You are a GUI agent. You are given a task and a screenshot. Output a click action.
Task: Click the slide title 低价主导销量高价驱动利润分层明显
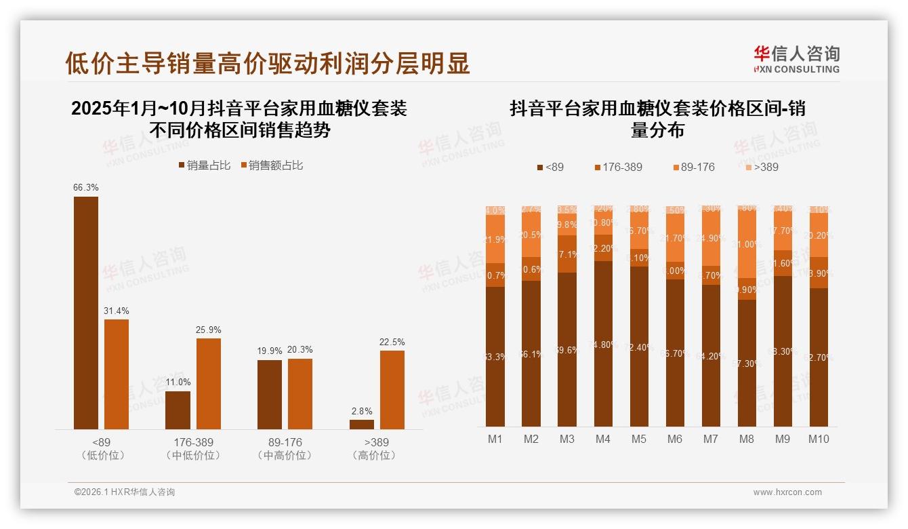coord(267,63)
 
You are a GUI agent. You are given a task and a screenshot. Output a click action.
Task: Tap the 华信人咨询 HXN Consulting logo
coord(796,59)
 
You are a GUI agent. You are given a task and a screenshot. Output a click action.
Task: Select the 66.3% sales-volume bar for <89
coord(86,312)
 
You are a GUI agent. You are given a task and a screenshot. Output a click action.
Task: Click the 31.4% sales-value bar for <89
coord(117,374)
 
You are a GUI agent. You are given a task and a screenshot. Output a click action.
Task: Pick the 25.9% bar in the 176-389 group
coord(209,383)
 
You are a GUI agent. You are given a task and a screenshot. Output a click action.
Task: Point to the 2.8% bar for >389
coord(362,424)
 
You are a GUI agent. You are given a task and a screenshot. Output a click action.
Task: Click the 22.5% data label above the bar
coord(392,342)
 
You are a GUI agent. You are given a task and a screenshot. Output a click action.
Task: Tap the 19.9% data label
coord(270,351)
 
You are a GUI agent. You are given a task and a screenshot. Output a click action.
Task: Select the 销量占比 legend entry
coord(204,165)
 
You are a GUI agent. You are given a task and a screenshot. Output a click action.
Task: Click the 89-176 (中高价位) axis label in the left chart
coord(285,448)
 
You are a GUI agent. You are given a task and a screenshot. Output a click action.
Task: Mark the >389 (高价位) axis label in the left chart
coord(377,448)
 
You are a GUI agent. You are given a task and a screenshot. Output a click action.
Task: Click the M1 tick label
coord(495,439)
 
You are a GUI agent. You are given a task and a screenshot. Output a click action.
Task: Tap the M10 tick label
coord(819,439)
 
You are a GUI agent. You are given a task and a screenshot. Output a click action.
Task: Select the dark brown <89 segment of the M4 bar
coord(603,343)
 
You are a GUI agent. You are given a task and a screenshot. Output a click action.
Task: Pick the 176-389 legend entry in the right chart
coord(617,167)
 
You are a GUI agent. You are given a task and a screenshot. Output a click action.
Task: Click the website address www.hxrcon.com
coord(787,492)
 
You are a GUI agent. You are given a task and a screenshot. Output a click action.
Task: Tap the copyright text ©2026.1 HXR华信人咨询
coord(125,492)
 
